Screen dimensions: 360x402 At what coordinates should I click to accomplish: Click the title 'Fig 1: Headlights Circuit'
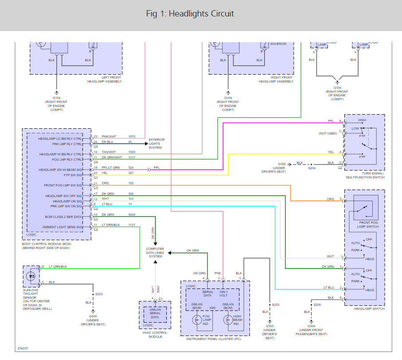190,14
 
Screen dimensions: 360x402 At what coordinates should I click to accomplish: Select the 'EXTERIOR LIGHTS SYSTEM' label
157,143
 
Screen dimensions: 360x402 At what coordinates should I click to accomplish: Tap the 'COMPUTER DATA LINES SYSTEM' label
155,253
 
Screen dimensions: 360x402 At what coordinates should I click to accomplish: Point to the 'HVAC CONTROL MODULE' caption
155,334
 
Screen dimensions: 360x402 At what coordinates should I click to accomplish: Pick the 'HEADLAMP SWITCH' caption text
364,309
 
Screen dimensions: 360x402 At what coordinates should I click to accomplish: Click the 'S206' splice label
317,305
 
